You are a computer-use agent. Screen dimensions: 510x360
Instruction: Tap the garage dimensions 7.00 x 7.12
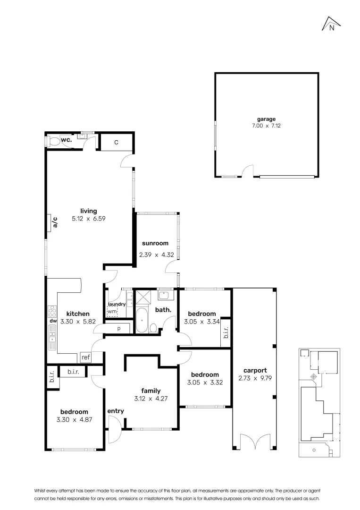coord(266,126)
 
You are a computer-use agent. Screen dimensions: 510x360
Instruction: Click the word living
coord(88,211)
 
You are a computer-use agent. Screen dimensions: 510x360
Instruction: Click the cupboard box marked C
coord(116,142)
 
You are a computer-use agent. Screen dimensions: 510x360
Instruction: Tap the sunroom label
coord(155,244)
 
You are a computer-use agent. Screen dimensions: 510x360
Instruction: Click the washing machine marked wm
coord(112,311)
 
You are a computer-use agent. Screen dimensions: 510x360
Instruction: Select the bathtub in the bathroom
coord(142,321)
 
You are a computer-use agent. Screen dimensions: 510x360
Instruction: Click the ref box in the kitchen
coord(85,357)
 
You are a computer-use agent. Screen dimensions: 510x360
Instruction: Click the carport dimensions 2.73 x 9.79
coord(252,378)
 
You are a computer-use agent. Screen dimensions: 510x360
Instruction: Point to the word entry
coord(115,411)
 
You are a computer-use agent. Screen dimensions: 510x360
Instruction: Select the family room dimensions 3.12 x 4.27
coord(151,398)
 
